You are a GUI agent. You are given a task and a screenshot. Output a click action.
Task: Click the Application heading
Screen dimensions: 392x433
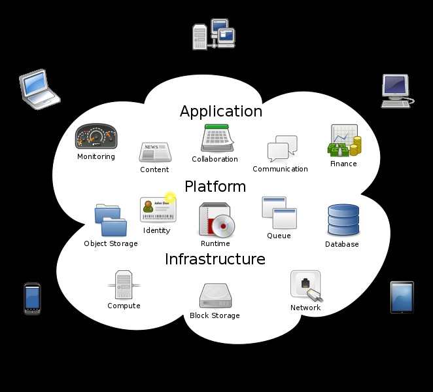(221, 111)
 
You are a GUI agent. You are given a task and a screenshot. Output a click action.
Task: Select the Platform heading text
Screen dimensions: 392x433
(215, 187)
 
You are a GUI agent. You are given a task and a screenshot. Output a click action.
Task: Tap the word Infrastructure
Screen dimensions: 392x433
(215, 259)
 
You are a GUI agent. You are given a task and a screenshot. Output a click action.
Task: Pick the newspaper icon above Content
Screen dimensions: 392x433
(155, 152)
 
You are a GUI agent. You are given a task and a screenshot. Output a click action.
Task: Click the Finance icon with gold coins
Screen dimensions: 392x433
(343, 141)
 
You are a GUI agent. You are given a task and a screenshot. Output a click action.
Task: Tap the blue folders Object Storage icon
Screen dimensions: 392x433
(108, 221)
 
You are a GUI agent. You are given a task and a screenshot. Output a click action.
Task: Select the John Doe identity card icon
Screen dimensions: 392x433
(158, 209)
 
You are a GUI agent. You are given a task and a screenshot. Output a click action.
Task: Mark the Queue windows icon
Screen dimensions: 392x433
(279, 213)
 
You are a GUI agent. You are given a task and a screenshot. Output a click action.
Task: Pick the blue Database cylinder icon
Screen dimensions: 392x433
(343, 221)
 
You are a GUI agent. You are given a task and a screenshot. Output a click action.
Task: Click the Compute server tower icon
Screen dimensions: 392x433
(124, 285)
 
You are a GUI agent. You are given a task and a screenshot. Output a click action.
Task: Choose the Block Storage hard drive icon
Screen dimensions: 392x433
(215, 296)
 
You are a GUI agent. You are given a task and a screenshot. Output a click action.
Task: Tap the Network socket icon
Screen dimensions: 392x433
(306, 286)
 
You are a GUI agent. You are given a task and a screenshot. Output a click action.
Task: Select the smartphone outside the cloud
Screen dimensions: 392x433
(32, 298)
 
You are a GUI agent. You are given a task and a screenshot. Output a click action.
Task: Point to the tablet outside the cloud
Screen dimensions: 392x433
(402, 297)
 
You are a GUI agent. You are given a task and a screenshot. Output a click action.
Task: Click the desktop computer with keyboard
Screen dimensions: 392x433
(396, 91)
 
